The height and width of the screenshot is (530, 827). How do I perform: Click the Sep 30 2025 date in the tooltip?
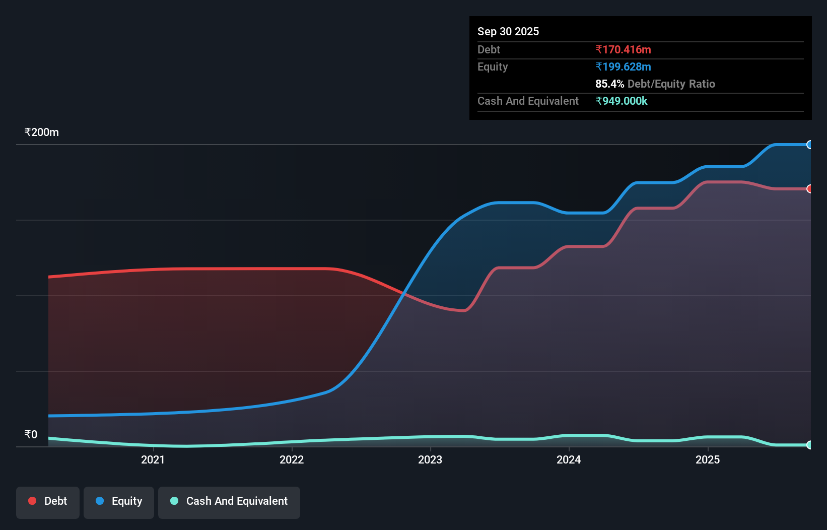[x=508, y=31]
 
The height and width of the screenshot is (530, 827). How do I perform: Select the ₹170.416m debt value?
[x=623, y=49]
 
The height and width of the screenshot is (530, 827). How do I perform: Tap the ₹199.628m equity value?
[x=623, y=67]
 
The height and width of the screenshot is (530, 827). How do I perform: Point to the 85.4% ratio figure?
[x=609, y=84]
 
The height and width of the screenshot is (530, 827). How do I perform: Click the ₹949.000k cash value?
[x=621, y=101]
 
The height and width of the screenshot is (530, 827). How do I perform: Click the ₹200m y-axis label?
[x=41, y=132]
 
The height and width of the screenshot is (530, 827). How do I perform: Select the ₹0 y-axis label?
[x=31, y=434]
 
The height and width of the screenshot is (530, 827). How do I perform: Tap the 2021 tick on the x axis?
[x=153, y=459]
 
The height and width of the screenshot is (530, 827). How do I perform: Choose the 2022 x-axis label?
[x=292, y=459]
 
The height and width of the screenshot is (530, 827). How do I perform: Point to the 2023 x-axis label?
[x=430, y=459]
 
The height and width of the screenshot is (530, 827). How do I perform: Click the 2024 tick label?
[x=569, y=459]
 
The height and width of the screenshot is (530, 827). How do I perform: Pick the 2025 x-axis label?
[x=708, y=459]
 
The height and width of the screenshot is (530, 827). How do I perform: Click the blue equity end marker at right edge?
[x=809, y=145]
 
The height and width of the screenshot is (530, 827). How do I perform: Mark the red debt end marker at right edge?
[x=809, y=189]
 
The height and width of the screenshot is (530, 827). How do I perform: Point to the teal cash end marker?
[x=809, y=445]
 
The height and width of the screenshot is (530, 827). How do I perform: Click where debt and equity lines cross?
[x=403, y=293]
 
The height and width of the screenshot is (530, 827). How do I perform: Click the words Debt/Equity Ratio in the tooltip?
[x=671, y=84]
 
